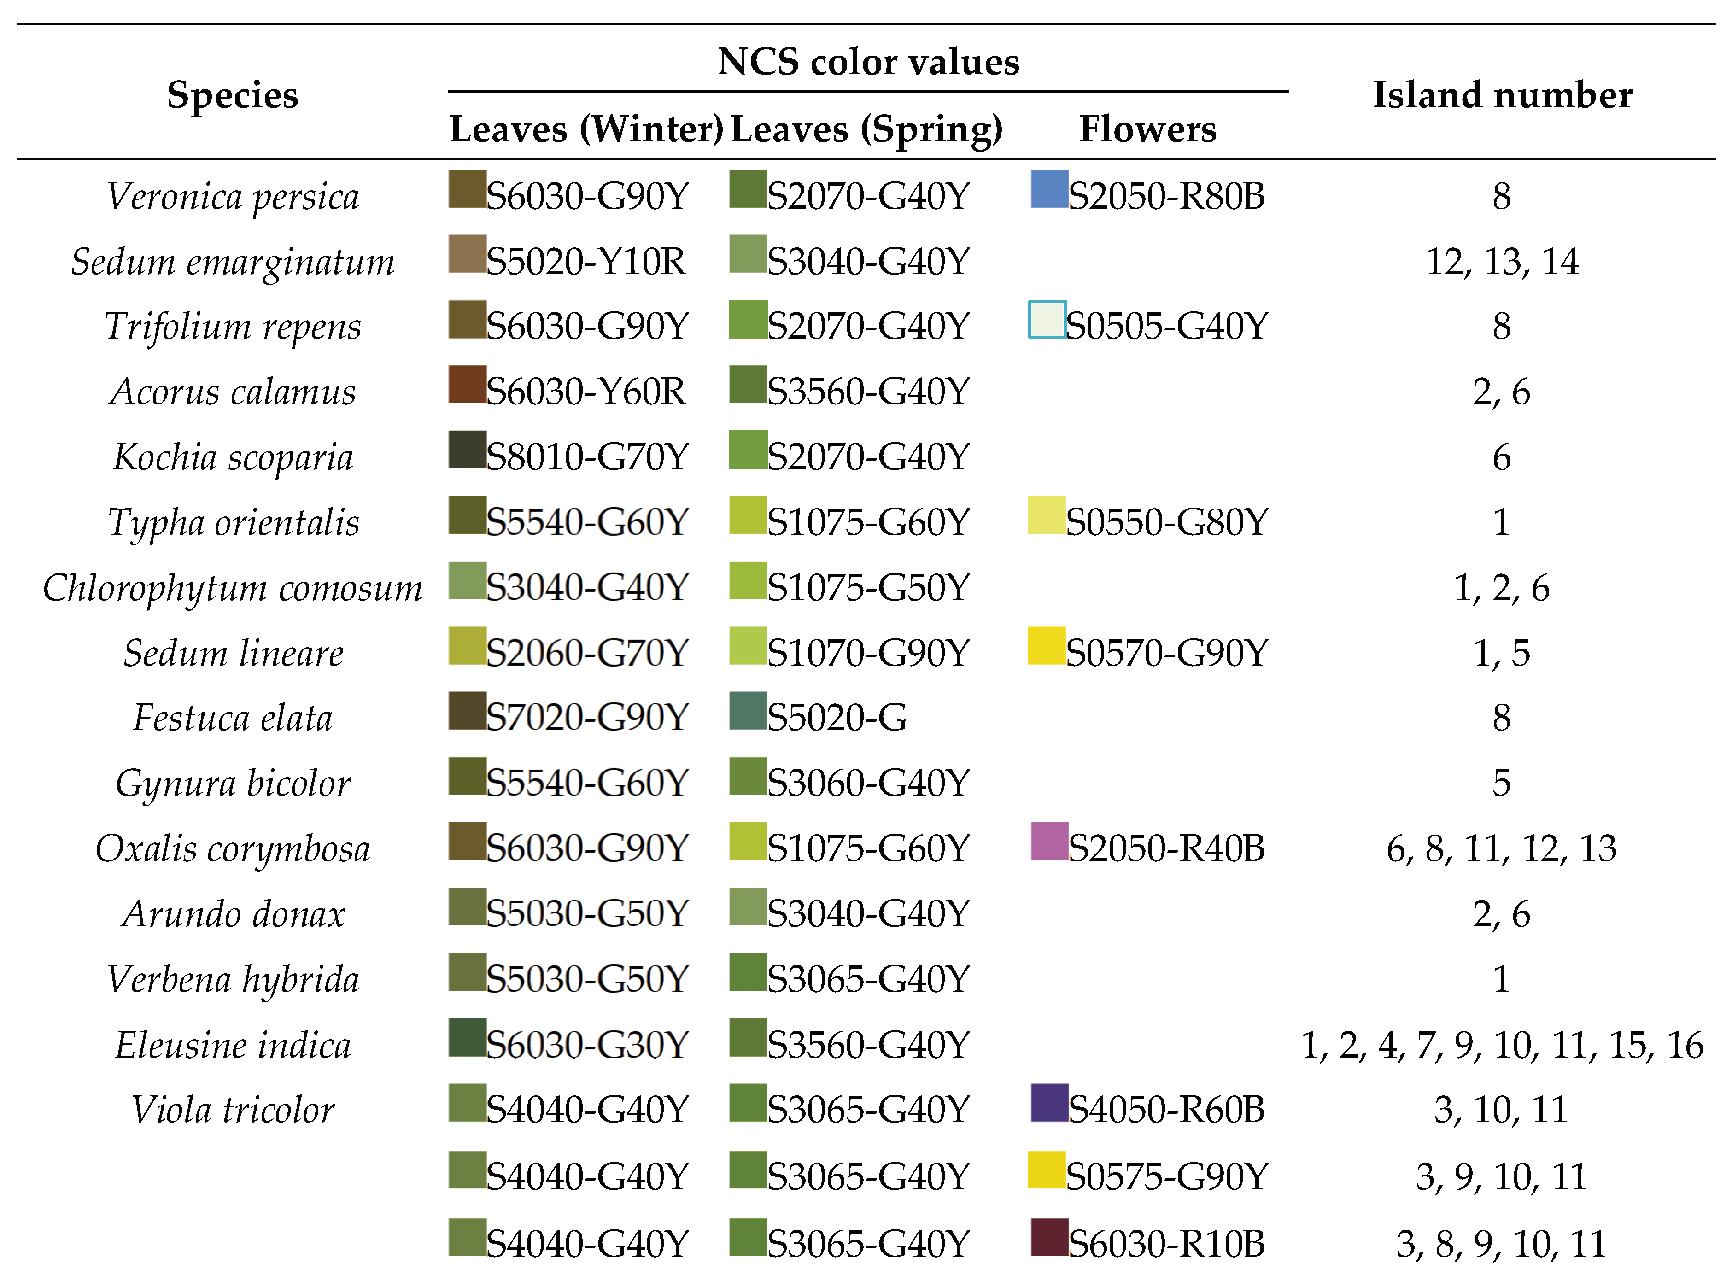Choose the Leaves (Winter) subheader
click(x=586, y=129)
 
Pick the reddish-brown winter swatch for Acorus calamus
click(x=468, y=385)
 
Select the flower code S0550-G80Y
click(x=1167, y=523)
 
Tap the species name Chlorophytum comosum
click(x=233, y=588)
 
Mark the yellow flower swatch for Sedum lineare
click(x=1047, y=645)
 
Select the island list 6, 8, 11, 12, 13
click(x=1502, y=849)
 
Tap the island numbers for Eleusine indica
click(x=1502, y=1045)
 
